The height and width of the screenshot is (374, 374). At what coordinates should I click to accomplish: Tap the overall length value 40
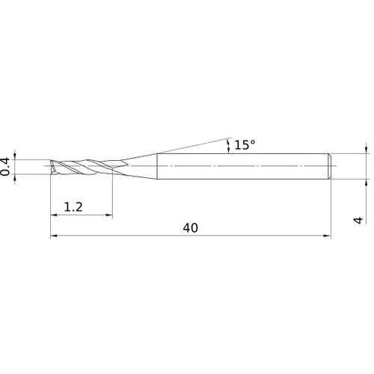pyautogui.click(x=190, y=227)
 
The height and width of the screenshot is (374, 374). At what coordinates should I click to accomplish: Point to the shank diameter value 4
pyautogui.click(x=359, y=220)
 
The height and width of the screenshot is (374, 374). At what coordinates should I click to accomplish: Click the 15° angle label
pyautogui.click(x=245, y=145)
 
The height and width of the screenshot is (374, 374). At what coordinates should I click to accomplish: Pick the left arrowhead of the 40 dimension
pyautogui.click(x=54, y=236)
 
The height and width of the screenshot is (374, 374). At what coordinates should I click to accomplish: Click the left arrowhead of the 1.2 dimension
pyautogui.click(x=54, y=216)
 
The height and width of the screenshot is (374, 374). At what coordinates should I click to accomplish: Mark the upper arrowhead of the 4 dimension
pyautogui.click(x=367, y=150)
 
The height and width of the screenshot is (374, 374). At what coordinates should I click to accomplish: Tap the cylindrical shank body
pyautogui.click(x=239, y=165)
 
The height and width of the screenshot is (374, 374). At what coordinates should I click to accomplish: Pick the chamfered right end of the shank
pyautogui.click(x=328, y=165)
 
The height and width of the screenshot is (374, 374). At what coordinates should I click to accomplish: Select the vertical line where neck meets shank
pyautogui.click(x=156, y=165)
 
